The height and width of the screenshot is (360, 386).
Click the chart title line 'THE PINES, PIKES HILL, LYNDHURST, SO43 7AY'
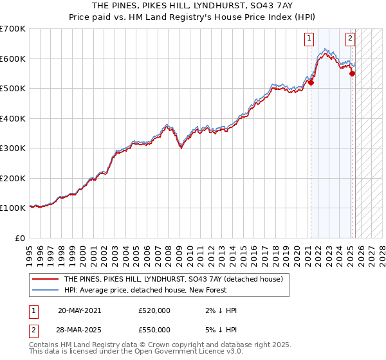pos(192,5)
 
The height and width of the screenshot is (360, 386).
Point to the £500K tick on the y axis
pos(13,89)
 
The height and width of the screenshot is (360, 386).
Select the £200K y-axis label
pos(13,178)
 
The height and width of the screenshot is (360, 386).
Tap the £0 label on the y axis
pos(20,238)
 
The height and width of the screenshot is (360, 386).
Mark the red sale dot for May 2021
pos(311,82)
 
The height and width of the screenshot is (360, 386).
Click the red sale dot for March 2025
pos(352,73)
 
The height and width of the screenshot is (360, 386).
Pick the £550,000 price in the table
pos(154,330)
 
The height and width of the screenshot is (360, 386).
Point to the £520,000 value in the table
pos(154,310)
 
